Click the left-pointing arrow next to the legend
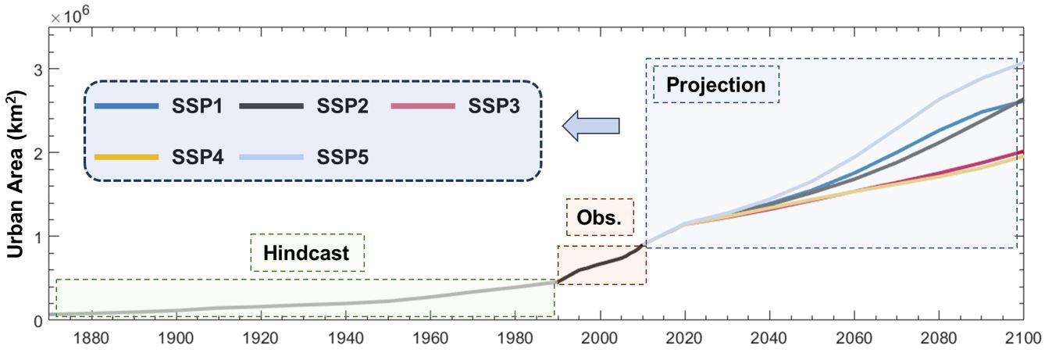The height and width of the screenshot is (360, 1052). click(x=590, y=125)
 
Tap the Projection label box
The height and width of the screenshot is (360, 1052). click(x=715, y=84)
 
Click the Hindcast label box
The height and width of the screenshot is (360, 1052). click(x=307, y=253)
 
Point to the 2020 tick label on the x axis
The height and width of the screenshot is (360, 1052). click(x=685, y=340)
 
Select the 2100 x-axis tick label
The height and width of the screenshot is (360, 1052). click(x=1023, y=340)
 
